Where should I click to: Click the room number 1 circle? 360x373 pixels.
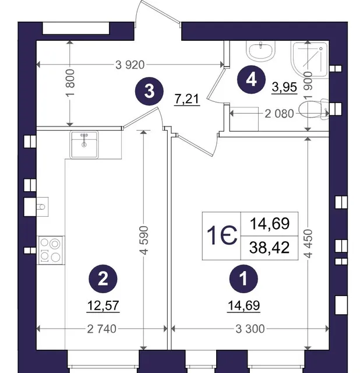click(243, 279)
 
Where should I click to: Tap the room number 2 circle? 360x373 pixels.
click(103, 279)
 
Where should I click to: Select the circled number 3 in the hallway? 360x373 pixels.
click(149, 91)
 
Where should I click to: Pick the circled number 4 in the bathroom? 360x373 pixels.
click(251, 79)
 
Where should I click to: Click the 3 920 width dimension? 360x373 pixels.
click(130, 65)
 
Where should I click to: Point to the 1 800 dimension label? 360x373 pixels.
click(71, 83)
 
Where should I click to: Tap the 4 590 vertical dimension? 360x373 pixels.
click(144, 241)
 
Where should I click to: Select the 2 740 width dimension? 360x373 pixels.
click(102, 329)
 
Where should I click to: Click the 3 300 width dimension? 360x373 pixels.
click(250, 329)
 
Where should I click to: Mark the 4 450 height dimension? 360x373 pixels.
click(308, 244)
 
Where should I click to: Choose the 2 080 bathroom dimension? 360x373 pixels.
click(279, 114)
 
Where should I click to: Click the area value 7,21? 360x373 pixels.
click(187, 99)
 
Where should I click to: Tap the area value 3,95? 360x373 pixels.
click(285, 87)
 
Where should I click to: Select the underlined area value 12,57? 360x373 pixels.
click(103, 305)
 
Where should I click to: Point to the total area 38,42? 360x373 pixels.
click(269, 247)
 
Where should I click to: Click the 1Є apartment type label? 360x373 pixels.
click(221, 235)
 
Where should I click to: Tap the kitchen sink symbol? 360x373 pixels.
click(84, 145)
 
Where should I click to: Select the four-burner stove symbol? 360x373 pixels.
click(51, 250)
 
